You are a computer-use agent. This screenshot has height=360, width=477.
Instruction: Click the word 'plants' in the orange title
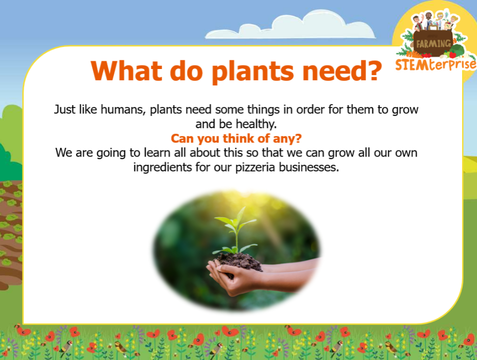(252, 72)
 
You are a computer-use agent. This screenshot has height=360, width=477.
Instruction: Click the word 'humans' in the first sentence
(123, 110)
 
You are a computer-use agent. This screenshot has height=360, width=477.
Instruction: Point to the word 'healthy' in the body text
(255, 124)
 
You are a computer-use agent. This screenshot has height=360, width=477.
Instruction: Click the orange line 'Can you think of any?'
(236, 139)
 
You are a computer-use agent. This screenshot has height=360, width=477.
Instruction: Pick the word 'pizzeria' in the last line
(255, 167)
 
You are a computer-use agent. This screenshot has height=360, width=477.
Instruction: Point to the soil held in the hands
(239, 262)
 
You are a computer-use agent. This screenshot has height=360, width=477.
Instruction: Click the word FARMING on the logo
(434, 44)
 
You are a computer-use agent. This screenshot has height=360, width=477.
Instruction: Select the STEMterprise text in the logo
(436, 64)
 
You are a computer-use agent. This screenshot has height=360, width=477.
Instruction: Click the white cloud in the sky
(290, 26)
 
